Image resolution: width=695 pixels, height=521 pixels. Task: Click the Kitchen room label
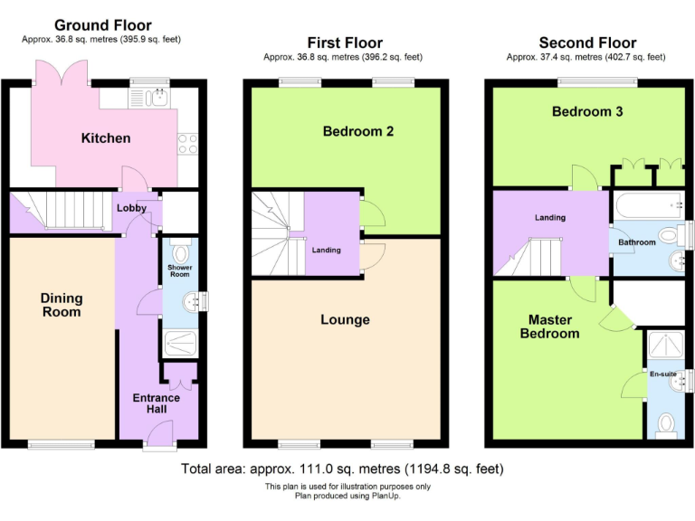coord(106,138)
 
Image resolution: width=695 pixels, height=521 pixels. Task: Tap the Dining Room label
coord(61,305)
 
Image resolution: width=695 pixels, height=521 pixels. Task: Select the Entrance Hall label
coord(157,403)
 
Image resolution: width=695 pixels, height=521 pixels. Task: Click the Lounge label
coord(345,319)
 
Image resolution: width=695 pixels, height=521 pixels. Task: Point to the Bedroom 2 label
coord(357,131)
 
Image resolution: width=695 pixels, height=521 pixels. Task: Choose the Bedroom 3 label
coord(587,112)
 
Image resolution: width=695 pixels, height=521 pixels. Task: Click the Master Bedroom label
coord(554,327)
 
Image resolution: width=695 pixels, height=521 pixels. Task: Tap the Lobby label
coord(130,208)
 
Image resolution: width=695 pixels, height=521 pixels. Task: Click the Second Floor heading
coord(587,43)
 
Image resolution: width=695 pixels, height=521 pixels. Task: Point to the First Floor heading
coord(345,43)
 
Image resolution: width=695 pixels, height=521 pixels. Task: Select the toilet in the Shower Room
coord(179,253)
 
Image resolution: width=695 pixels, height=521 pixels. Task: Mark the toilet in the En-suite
coord(667,423)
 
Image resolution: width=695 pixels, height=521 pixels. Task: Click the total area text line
coord(342,469)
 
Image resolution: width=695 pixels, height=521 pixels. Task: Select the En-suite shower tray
coord(667,347)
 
